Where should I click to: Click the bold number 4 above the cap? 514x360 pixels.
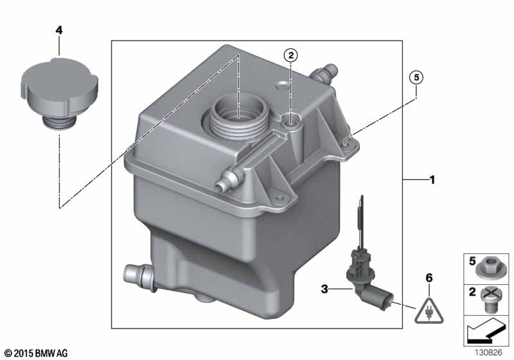coord(58,30)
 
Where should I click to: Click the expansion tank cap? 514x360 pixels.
coord(59,93)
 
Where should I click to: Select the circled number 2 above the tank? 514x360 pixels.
coord(291,55)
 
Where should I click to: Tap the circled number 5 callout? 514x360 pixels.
coord(416,78)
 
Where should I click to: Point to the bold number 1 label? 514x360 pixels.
coord(432,179)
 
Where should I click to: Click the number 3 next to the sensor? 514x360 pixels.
coord(324,289)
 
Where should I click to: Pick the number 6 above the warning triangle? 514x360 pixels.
coord(429,278)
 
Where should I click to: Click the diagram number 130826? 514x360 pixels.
coord(488,352)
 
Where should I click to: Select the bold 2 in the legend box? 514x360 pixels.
coord(472,291)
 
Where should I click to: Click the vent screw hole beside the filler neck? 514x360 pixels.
coord(290,120)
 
